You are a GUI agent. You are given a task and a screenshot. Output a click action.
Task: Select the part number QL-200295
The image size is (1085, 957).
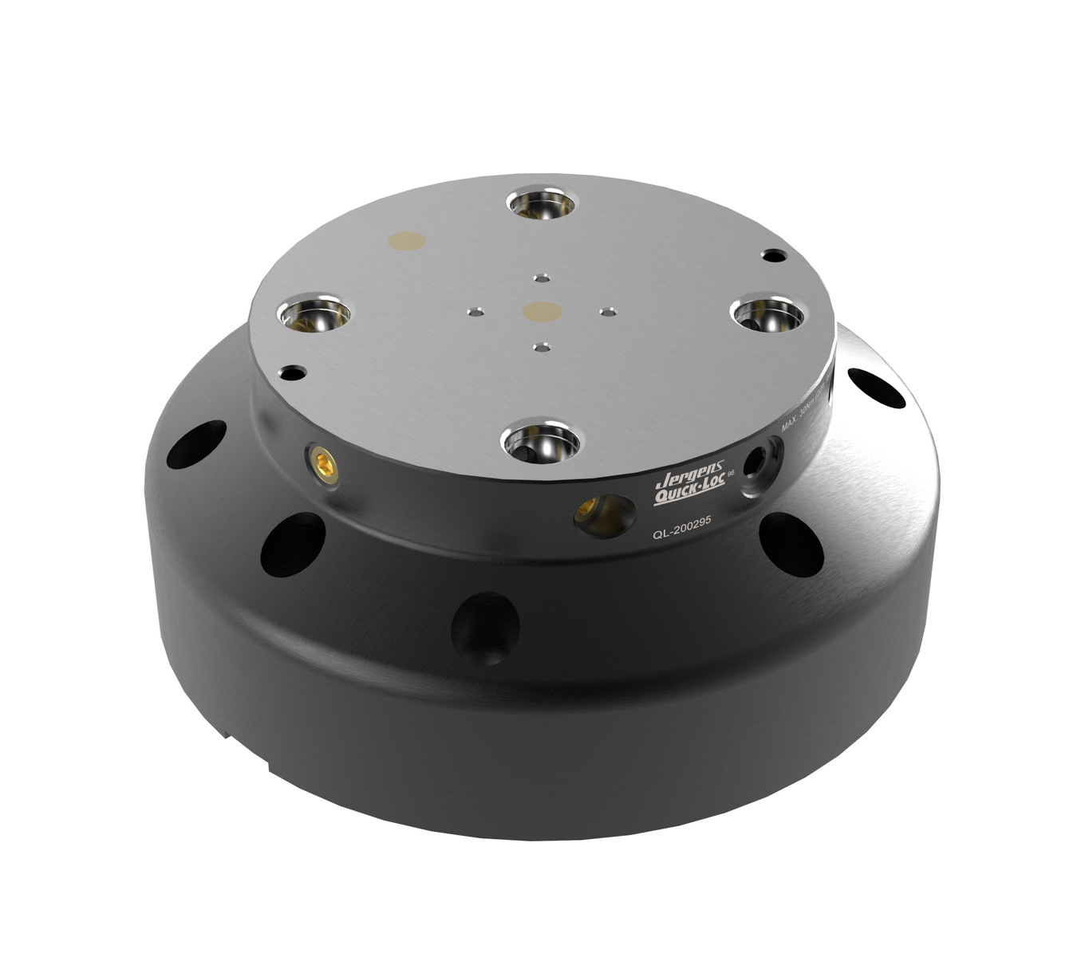click(681, 537)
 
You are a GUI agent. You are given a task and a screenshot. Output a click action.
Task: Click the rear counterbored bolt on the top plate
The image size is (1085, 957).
click(542, 204)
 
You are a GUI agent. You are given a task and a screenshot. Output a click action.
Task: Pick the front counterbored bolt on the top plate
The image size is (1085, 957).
click(542, 440)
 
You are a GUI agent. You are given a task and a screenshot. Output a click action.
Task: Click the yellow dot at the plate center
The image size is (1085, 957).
click(542, 310)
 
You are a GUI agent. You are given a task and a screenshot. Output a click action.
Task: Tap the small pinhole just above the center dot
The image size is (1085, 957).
click(542, 278)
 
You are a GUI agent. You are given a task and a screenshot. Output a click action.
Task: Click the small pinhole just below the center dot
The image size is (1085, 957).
click(542, 348)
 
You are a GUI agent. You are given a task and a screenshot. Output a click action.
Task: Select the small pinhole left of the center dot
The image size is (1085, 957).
click(476, 312)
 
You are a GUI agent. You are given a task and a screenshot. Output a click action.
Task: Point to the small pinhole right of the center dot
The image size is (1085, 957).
click(608, 312)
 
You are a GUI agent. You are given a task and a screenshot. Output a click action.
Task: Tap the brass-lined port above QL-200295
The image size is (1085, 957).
click(603, 514)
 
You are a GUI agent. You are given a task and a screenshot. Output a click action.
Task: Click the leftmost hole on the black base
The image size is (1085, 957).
click(195, 444)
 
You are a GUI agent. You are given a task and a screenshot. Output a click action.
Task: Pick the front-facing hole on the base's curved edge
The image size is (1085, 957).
click(485, 627)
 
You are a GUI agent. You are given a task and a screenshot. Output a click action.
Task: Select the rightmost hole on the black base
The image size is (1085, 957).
click(876, 387)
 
